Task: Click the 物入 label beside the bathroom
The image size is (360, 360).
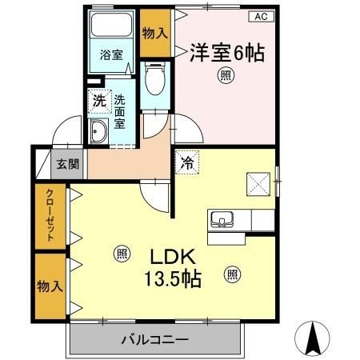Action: point(155,34)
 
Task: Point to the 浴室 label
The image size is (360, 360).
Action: point(111,55)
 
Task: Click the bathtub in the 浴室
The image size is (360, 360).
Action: point(111,27)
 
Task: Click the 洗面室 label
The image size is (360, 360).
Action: point(120,113)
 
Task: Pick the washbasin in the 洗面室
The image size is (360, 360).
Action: point(100,134)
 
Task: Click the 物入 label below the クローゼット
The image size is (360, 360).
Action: point(48,286)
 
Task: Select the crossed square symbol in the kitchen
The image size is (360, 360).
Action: point(257,185)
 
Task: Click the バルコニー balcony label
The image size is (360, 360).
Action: point(155,341)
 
